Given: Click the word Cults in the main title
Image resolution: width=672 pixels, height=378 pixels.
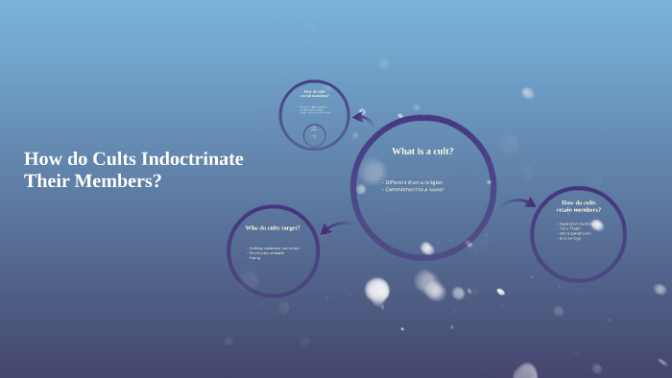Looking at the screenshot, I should pyautogui.click(x=114, y=159).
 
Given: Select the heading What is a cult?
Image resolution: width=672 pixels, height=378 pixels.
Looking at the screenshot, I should pyautogui.click(x=422, y=151).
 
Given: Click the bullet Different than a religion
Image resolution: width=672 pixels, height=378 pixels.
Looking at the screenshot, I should pyautogui.click(x=414, y=182).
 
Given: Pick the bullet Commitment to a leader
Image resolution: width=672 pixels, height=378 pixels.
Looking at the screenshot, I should pyautogui.click(x=415, y=189).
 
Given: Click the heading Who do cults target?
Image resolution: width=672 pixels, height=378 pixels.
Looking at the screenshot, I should pyautogui.click(x=273, y=227).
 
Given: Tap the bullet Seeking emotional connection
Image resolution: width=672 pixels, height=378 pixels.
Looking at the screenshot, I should pyautogui.click(x=275, y=248).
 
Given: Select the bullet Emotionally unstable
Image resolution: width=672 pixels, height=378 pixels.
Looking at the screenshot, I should pyautogui.click(x=268, y=252).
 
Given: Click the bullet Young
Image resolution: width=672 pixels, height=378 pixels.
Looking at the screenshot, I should pyautogui.click(x=255, y=257).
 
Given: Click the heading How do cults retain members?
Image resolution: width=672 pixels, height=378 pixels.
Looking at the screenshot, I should pyautogui.click(x=579, y=206).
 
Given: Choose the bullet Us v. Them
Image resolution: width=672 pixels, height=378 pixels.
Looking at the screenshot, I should pyautogui.click(x=571, y=228).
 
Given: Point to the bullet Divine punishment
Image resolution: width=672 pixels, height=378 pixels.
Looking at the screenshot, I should pyautogui.click(x=574, y=233).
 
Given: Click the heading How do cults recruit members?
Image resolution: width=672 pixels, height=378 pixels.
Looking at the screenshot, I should pyautogui.click(x=315, y=93).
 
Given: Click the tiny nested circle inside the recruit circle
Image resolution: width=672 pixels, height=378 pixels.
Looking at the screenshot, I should pyautogui.click(x=314, y=135).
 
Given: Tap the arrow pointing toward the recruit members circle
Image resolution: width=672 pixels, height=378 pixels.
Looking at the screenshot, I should pyautogui.click(x=362, y=119).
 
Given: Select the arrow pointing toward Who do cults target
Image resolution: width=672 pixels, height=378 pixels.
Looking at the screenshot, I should pyautogui.click(x=335, y=227).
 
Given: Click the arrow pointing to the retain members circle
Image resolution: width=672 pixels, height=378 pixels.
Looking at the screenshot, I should pyautogui.click(x=519, y=202).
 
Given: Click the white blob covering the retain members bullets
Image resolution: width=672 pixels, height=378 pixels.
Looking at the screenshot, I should pyautogui.click(x=597, y=224).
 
